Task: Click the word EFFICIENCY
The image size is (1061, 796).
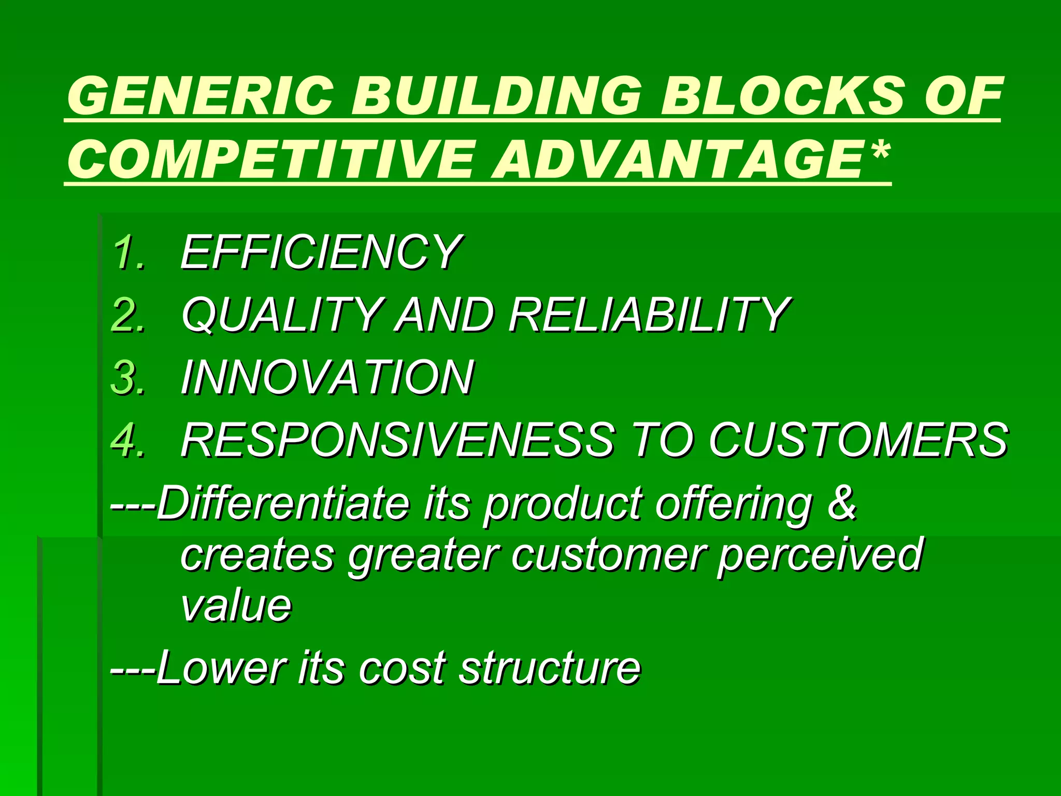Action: tap(320, 252)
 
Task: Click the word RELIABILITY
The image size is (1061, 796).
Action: tap(648, 315)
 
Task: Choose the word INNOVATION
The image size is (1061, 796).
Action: tap(326, 377)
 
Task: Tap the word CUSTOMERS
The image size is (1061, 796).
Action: tap(857, 440)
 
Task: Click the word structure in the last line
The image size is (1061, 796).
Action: tap(550, 668)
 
